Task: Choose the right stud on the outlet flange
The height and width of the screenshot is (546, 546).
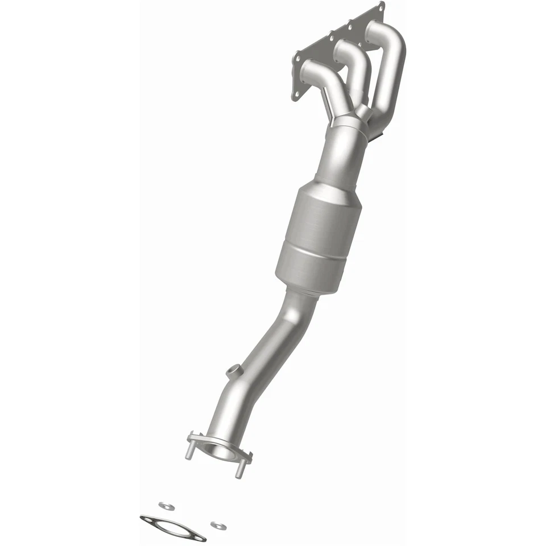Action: tap(239, 470)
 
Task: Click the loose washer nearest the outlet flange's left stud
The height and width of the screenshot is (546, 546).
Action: tap(166, 505)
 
